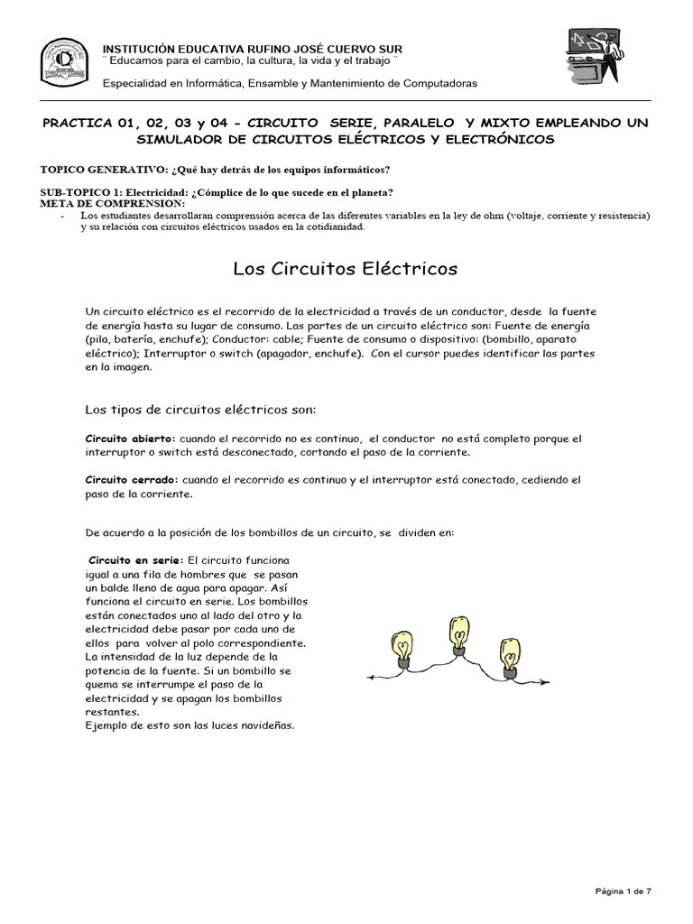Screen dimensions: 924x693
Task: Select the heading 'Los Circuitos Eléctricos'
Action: point(346,269)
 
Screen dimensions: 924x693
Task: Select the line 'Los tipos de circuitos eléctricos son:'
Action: point(200,410)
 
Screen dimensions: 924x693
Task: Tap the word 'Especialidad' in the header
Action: point(137,83)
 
